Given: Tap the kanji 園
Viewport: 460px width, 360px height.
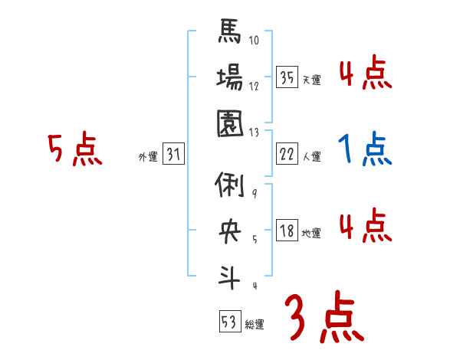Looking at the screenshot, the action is (x=230, y=123).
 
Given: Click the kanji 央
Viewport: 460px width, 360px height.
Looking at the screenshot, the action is (x=230, y=231).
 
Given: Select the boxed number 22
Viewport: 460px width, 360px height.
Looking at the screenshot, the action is (x=287, y=154).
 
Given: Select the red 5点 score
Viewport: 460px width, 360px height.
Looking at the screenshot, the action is (x=74, y=149).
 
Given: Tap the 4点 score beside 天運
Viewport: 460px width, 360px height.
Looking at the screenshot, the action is (x=365, y=74).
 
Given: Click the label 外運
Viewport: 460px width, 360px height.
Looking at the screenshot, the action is (x=147, y=157).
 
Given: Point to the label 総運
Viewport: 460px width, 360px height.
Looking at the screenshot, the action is (x=254, y=325).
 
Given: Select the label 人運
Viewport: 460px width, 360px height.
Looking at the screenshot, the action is (x=312, y=157).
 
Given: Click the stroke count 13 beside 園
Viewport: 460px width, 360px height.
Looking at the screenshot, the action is (x=255, y=132).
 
